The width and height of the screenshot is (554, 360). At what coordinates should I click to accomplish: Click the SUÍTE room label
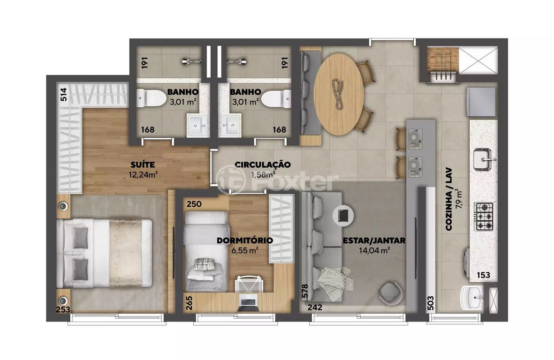pos(143,165)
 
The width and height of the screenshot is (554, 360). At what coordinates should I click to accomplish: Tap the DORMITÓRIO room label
pos(244,241)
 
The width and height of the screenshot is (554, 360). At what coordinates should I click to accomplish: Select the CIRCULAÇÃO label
pos(263,165)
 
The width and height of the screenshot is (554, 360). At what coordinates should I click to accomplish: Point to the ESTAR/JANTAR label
pos(374,241)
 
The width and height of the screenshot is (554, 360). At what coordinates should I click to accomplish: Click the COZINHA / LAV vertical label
pos(449,199)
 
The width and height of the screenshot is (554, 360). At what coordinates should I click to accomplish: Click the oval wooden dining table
pos(339,94)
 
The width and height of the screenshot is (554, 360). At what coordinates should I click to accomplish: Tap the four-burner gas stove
pos(484,217)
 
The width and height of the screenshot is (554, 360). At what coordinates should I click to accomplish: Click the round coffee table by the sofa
pos(343,215)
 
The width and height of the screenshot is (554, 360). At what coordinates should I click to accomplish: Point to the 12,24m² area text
pos(143,174)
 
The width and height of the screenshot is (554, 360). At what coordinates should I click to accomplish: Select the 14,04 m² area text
pos(374,251)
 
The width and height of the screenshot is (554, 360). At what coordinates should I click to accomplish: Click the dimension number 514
pos(64,95)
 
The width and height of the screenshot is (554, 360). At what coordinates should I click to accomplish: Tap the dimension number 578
pos(305,291)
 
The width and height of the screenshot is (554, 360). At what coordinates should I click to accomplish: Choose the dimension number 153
pos(483,275)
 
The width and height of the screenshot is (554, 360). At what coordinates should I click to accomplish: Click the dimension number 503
pos(430,303)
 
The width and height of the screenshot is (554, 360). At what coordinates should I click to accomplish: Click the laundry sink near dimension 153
pos(472,298)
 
